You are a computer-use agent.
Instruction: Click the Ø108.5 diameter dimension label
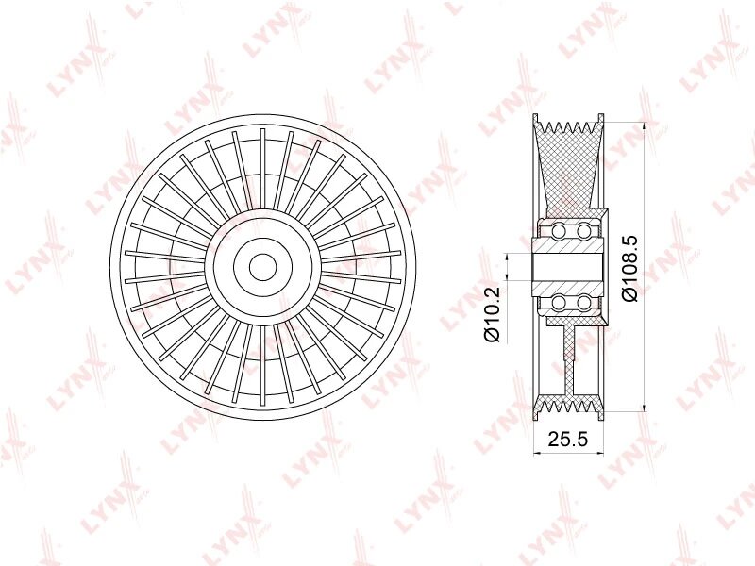pyautogui.click(x=630, y=268)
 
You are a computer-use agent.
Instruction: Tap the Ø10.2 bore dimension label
pyautogui.click(x=492, y=314)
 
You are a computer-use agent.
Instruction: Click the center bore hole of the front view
pyautogui.click(x=262, y=266)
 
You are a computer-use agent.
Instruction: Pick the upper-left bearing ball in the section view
pyautogui.click(x=559, y=231)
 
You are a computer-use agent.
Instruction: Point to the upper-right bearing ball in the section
pyautogui.click(x=583, y=231)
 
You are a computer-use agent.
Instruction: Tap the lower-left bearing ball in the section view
pyautogui.click(x=559, y=303)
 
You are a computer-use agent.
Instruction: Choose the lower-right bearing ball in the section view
pyautogui.click(x=583, y=303)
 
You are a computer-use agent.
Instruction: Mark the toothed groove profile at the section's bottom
pyautogui.click(x=568, y=407)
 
